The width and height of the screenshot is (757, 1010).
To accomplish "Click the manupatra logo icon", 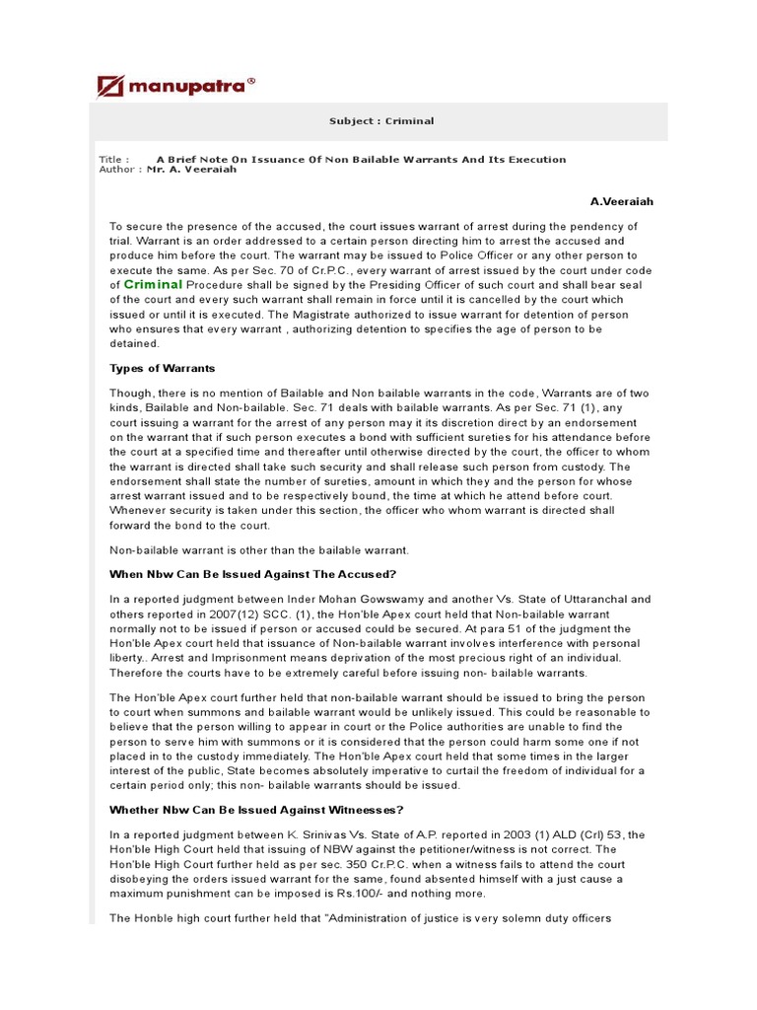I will [x=110, y=86].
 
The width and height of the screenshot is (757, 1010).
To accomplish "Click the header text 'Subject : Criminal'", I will [x=380, y=121].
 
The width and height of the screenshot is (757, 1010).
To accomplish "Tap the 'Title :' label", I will [x=113, y=159].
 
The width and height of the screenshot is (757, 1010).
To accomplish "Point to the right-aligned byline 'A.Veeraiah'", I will [x=621, y=201].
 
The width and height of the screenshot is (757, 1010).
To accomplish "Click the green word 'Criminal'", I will [x=153, y=284].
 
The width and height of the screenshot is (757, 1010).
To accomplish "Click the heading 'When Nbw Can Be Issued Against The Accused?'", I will [x=253, y=574].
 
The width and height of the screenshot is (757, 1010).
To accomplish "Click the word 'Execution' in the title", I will [x=535, y=159].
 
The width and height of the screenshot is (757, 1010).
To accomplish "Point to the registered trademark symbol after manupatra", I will [x=250, y=83].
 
